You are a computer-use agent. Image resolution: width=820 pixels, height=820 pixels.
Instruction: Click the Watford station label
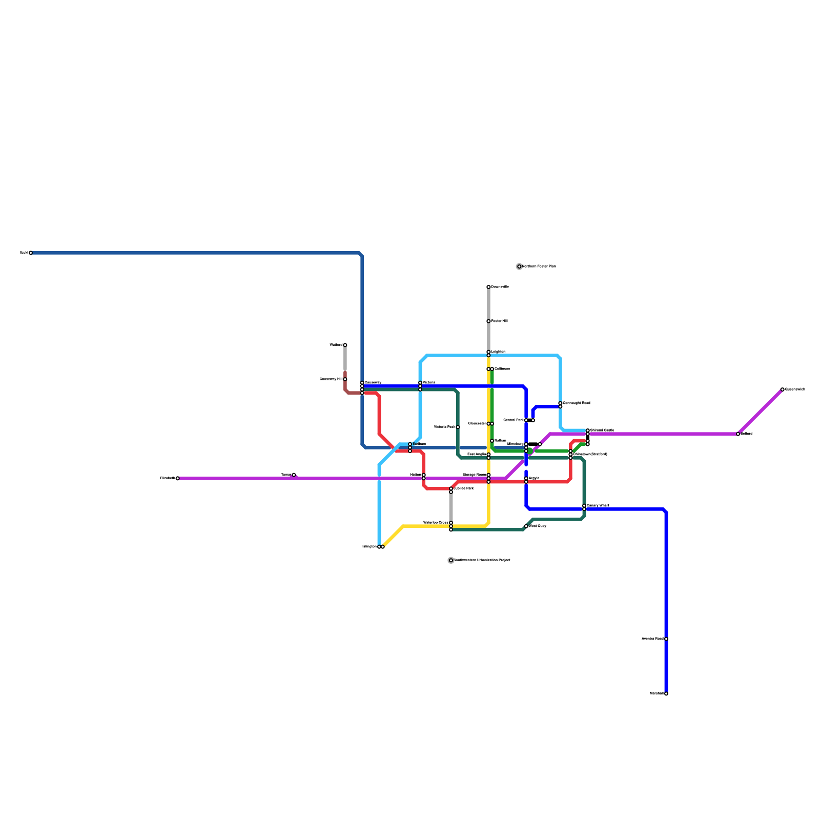pos(336,345)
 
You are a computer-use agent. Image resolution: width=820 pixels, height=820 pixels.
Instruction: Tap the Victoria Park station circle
pos(458,427)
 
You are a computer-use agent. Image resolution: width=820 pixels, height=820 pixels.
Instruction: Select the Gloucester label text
pos(477,424)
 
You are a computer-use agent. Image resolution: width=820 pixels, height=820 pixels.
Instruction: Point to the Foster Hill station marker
pos(488,321)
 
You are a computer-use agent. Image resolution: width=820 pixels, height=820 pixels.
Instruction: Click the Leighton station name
pos(498,352)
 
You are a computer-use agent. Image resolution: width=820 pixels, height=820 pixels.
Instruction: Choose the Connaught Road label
pos(577,403)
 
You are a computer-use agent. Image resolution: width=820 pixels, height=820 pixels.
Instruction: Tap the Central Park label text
pos(514,420)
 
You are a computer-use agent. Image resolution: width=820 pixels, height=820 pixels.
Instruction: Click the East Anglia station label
pos(477,454)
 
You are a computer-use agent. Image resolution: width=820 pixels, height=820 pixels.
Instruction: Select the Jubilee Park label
pos(464,488)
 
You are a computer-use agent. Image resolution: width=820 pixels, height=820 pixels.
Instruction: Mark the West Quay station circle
pos(526,526)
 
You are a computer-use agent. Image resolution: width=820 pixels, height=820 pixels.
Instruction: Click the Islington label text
pos(369,547)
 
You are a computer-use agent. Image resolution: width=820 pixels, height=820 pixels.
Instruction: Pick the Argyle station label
pos(534,478)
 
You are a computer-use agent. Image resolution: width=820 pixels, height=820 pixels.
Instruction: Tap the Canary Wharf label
pos(598,506)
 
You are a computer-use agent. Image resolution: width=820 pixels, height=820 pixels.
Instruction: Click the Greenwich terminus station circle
pos(783,389)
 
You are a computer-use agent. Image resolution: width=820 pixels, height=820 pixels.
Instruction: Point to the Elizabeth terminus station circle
pos(178,478)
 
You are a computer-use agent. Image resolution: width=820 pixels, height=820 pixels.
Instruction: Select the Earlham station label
pos(419,444)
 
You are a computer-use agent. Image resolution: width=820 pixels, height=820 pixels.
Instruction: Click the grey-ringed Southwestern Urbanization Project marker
pos(451,560)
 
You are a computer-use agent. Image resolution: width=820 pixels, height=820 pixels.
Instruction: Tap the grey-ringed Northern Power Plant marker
pos(519,266)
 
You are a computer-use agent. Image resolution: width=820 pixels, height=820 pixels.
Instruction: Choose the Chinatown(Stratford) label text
pos(590,454)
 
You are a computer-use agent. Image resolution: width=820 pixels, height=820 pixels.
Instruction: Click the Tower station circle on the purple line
pos(294,475)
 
